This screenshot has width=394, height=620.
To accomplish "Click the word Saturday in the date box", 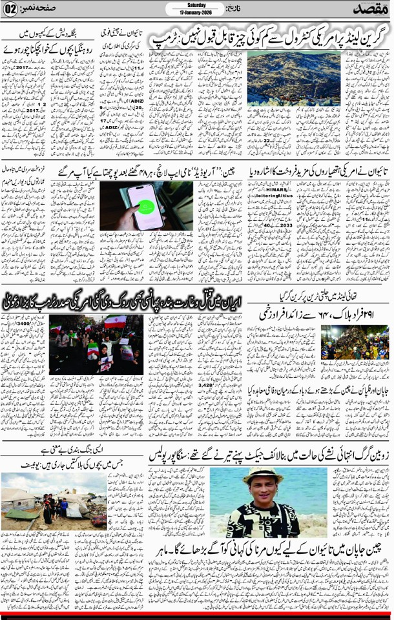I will [196, 6].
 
